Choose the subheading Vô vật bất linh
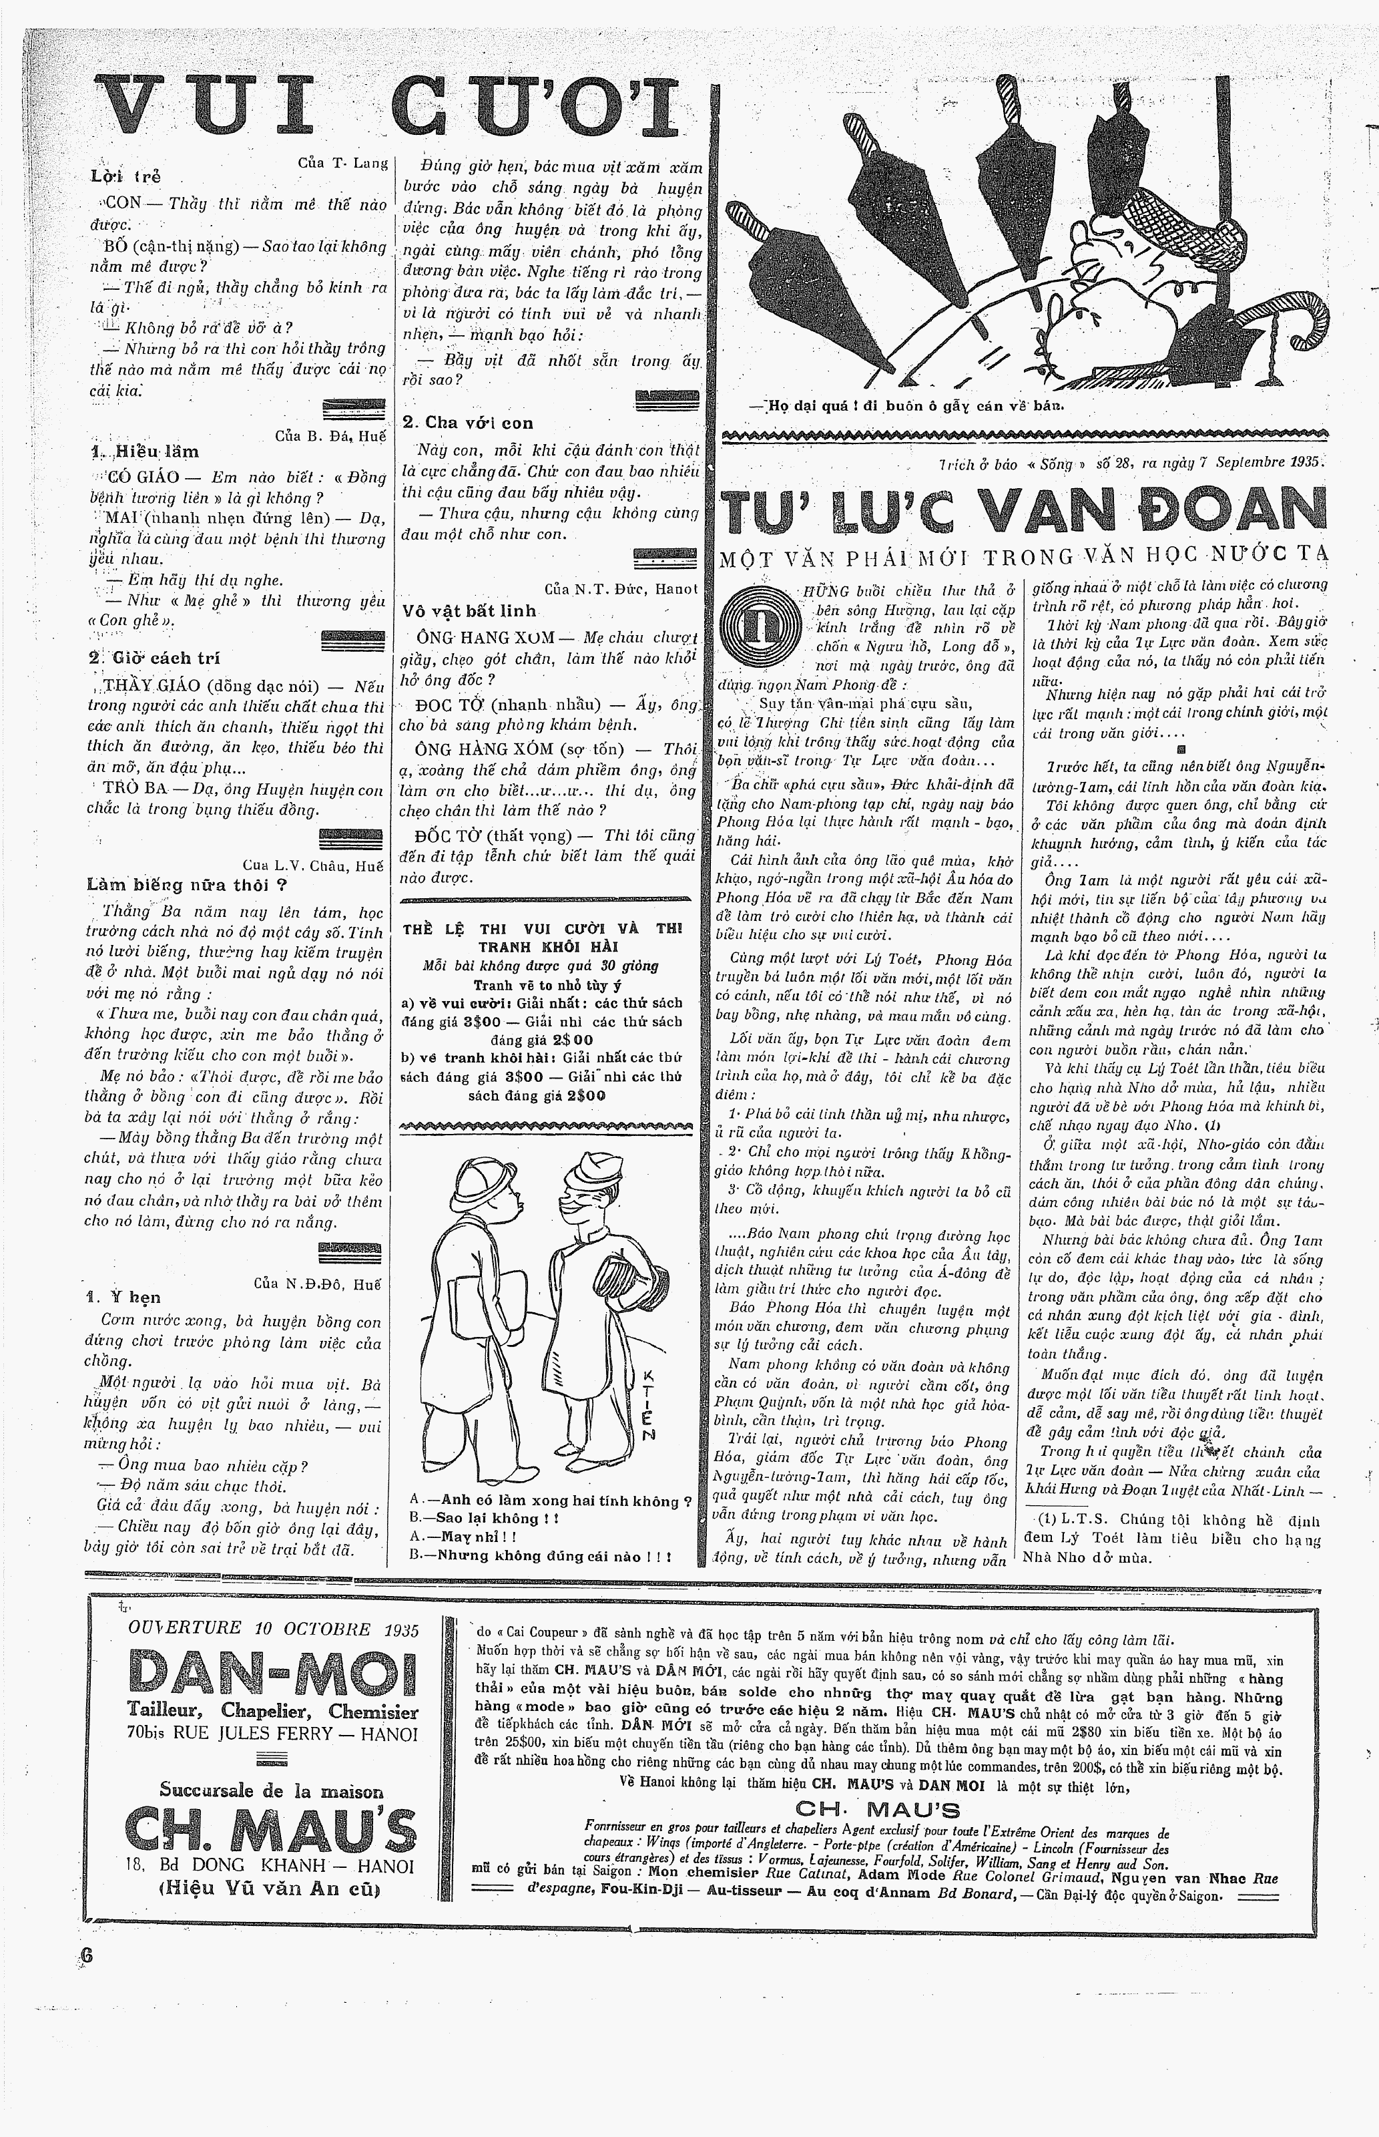pos(469,611)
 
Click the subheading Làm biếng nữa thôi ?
pos(186,885)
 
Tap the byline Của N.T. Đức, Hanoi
pos(619,588)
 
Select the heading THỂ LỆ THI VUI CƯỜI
pos(542,937)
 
